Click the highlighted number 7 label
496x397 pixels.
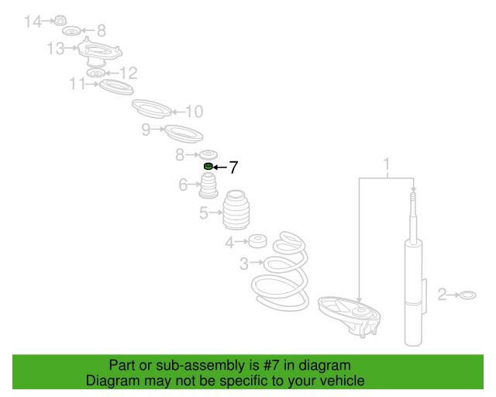point(232,167)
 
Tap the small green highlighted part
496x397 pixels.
point(208,167)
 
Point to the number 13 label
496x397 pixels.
point(55,49)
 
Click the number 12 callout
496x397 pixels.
point(127,73)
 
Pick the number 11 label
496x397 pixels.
point(77,82)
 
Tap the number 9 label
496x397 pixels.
point(146,130)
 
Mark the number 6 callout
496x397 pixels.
point(184,185)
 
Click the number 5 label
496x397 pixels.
point(204,212)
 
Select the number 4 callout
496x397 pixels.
point(229,243)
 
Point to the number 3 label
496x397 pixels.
point(244,264)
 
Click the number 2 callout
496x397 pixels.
point(443,294)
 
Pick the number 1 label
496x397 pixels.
point(386,164)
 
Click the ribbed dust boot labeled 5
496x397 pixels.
point(239,211)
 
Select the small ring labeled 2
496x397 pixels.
point(467,295)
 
